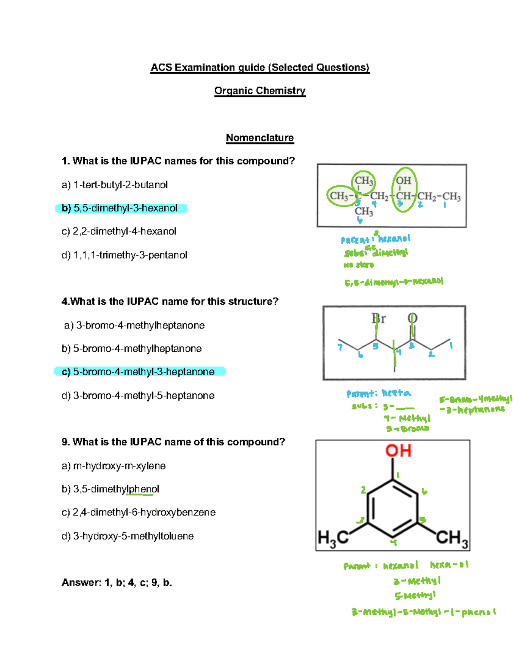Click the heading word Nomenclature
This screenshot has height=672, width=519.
coord(259,138)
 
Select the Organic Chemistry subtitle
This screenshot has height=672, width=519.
coord(259,91)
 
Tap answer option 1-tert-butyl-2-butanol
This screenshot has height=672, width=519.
coord(115,185)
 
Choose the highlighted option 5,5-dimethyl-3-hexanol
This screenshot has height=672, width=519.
coord(121,208)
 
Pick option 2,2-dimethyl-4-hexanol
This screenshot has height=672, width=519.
coord(119,232)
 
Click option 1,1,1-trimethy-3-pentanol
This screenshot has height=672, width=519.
coord(125,255)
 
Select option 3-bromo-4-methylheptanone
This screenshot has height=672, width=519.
coord(135,325)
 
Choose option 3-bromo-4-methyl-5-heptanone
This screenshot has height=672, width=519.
coord(138,395)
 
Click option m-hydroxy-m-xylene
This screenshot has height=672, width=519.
coord(114,466)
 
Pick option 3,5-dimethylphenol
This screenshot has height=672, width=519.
coord(111,489)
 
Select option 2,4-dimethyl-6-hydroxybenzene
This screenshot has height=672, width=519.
coord(139,512)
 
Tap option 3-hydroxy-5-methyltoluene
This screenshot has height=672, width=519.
coord(128,536)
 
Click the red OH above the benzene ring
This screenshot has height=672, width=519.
coord(398,451)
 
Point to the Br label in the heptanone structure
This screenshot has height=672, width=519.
coord(378,319)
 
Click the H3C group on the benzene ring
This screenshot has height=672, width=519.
coord(333,538)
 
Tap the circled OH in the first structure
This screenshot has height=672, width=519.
coord(404,181)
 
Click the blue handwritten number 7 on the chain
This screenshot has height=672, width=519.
coord(340,347)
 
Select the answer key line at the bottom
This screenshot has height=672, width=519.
coord(117,582)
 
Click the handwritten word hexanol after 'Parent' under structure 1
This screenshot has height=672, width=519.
coord(394,238)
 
